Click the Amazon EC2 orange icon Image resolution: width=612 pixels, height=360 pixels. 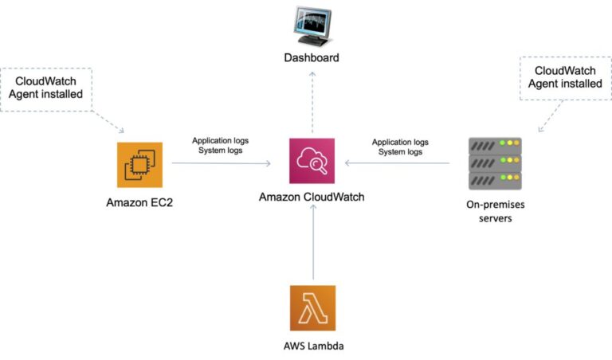tap(139, 165)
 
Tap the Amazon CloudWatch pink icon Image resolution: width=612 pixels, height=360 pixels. tap(312, 162)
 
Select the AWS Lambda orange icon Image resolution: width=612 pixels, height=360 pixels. tap(312, 307)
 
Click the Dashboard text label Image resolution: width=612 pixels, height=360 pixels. tap(312, 58)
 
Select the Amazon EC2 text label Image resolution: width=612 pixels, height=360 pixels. tap(139, 202)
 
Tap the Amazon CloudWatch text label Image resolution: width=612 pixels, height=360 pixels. tap(312, 197)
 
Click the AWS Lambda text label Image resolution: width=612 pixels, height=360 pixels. tap(312, 346)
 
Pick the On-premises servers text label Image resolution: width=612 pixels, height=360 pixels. tap(494, 211)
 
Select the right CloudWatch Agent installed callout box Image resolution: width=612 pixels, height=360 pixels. tap(563, 76)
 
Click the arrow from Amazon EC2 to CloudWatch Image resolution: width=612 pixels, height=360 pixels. tap(221, 163)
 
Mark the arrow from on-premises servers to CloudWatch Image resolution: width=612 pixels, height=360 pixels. tap(398, 163)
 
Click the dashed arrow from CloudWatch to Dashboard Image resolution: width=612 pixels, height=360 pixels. tap(312, 100)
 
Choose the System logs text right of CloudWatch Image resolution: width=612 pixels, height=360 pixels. tap(400, 151)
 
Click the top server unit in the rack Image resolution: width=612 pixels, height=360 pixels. tap(494, 146)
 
